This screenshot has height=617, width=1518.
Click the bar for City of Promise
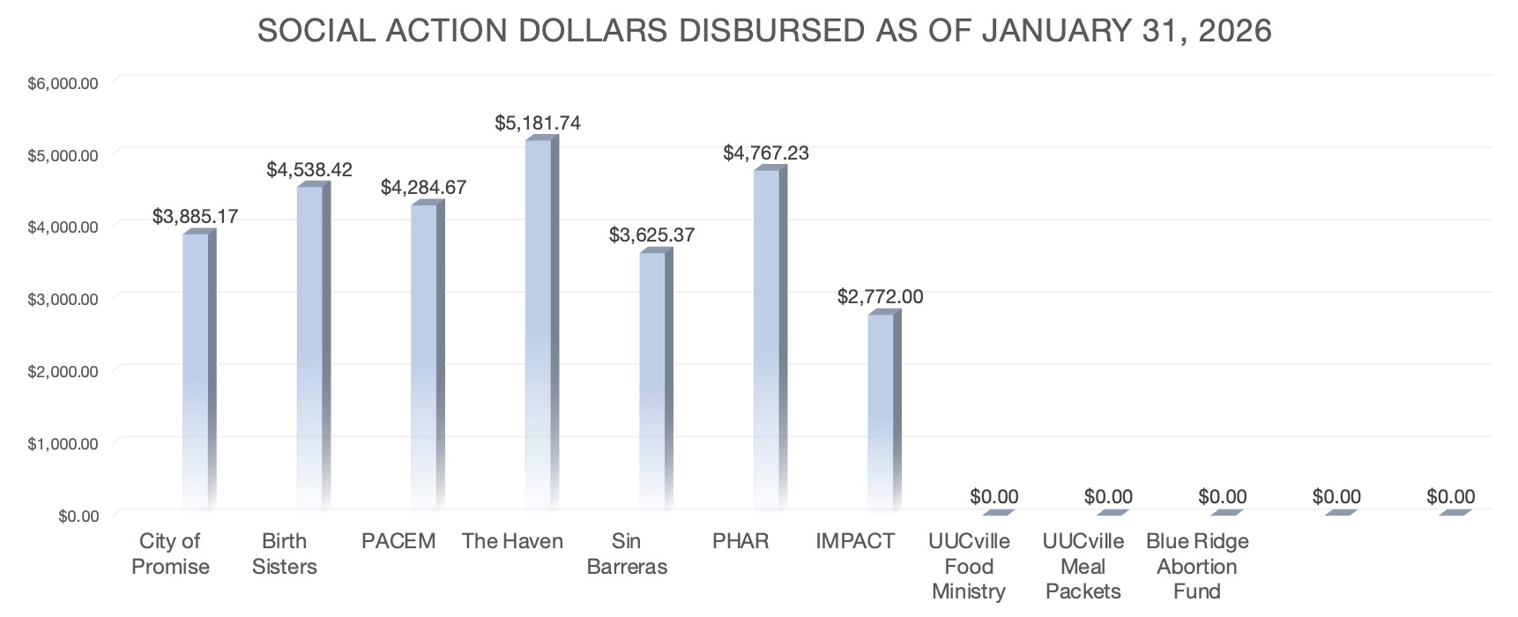click(196, 370)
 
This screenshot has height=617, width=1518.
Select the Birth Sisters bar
click(310, 347)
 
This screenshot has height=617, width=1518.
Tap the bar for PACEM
click(424, 356)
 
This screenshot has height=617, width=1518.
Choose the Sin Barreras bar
click(652, 380)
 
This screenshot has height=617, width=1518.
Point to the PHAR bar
click(767, 338)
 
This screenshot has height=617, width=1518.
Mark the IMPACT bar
click(881, 411)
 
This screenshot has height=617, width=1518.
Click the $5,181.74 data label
click(538, 123)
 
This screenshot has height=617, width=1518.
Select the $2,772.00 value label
click(880, 296)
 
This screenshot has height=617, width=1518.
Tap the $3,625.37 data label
click(651, 235)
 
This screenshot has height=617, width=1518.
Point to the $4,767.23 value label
click(766, 152)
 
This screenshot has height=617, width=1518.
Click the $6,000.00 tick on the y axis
click(63, 84)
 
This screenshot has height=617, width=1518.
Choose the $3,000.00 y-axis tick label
click(63, 299)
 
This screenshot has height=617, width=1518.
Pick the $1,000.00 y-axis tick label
click(63, 443)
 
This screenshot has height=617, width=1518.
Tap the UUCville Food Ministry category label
click(969, 566)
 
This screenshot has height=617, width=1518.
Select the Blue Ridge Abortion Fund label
click(1197, 566)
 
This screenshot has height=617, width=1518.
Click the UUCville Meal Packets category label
click(1083, 566)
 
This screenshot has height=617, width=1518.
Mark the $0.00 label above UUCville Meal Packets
click(1108, 497)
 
